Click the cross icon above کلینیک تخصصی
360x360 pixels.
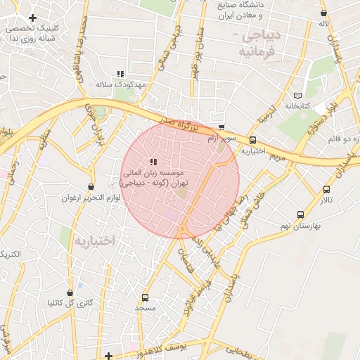point(32,18)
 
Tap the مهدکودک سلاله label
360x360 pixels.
point(122,84)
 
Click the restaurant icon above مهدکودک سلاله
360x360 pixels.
point(121,74)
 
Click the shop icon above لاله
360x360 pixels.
point(323,13)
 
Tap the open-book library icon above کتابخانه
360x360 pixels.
point(297,95)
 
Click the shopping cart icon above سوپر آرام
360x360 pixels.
point(221,128)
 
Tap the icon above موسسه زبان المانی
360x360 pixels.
point(153,162)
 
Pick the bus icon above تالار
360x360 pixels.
point(326,189)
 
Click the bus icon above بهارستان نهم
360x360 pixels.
point(301,214)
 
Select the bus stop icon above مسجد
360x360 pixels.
point(146,297)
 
